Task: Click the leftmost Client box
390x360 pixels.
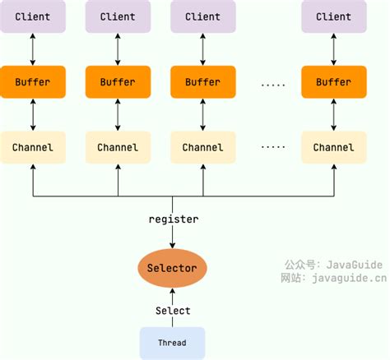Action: tap(33, 16)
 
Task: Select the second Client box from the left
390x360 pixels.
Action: tap(118, 16)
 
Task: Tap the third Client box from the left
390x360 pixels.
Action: tap(202, 16)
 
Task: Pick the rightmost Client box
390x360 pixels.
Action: tap(333, 16)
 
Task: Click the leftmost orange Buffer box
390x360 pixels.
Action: tap(33, 82)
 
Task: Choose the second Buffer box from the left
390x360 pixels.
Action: tap(118, 82)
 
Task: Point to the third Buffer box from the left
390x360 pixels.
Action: tap(202, 82)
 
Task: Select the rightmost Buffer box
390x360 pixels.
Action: tap(333, 82)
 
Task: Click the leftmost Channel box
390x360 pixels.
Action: tap(33, 147)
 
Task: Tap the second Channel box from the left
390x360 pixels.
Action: tap(118, 147)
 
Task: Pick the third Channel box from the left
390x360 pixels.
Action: tap(202, 147)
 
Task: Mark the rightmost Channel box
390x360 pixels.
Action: tap(333, 147)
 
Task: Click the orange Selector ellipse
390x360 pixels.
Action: tap(172, 268)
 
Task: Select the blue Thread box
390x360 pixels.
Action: tap(172, 342)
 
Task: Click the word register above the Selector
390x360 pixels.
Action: tap(173, 219)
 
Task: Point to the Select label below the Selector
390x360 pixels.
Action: tap(173, 311)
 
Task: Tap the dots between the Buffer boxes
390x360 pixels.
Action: tap(272, 83)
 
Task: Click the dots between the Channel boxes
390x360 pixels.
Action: tap(272, 147)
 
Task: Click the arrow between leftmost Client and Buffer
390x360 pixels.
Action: tap(33, 49)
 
